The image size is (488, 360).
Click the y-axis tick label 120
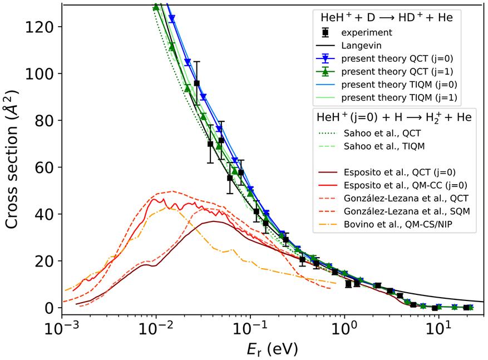tap(42, 27)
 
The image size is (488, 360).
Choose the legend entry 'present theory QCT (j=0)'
tap(399, 58)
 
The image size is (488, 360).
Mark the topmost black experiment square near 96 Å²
tap(196, 83)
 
